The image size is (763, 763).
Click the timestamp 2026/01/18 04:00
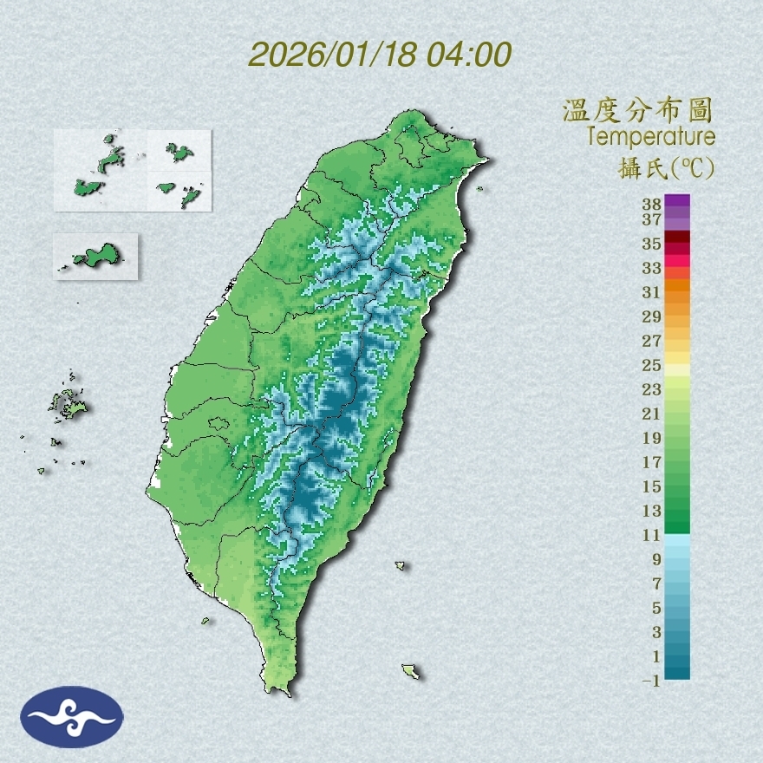(380, 54)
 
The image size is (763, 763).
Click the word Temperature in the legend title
(650, 137)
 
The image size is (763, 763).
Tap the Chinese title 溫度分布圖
(637, 110)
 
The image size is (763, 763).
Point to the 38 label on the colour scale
(651, 205)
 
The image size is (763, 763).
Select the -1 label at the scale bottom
(651, 681)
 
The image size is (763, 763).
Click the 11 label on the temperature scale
(651, 535)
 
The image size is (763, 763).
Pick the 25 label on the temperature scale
(651, 364)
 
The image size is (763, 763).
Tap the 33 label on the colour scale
(651, 267)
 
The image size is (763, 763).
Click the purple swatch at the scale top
(677, 200)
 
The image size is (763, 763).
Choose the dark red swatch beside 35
(677, 238)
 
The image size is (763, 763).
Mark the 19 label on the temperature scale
(651, 438)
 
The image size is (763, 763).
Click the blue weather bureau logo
(72, 717)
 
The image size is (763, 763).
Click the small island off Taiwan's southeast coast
(411, 671)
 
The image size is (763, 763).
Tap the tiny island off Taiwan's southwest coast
(205, 620)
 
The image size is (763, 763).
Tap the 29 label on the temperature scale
(651, 316)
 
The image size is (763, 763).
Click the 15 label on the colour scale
(651, 486)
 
